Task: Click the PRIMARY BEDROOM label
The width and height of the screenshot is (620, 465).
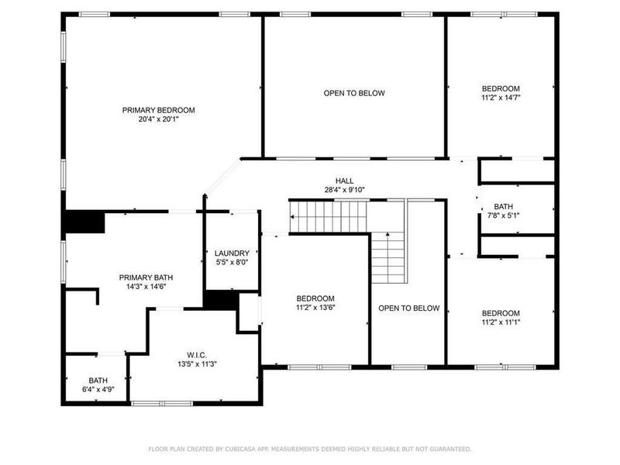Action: (158, 110)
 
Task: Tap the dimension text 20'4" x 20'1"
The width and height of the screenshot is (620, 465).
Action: (158, 119)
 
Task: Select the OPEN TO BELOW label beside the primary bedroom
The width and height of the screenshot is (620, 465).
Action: (354, 93)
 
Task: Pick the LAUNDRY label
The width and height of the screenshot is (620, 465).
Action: (232, 253)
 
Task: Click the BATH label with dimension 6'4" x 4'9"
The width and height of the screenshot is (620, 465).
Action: (98, 381)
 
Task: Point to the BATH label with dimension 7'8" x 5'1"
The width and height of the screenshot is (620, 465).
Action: (504, 207)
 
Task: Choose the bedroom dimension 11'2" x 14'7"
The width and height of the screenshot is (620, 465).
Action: (501, 98)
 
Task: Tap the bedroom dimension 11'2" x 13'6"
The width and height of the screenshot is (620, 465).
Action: (315, 308)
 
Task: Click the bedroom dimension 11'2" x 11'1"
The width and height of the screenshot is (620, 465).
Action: (501, 322)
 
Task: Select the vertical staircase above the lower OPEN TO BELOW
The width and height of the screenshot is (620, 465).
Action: (387, 258)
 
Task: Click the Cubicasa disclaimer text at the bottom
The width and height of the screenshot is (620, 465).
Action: (309, 449)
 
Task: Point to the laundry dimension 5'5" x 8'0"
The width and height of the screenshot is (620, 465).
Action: (232, 263)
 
